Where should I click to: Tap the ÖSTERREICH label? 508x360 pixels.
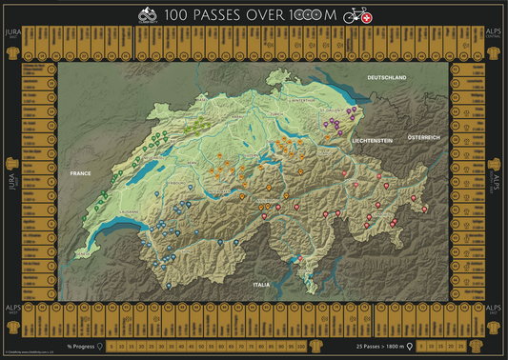click(x=423, y=137)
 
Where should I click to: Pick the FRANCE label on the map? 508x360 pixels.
click(x=79, y=173)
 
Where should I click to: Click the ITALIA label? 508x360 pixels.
click(x=260, y=284)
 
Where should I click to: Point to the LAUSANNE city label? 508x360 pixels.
click(x=128, y=211)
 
